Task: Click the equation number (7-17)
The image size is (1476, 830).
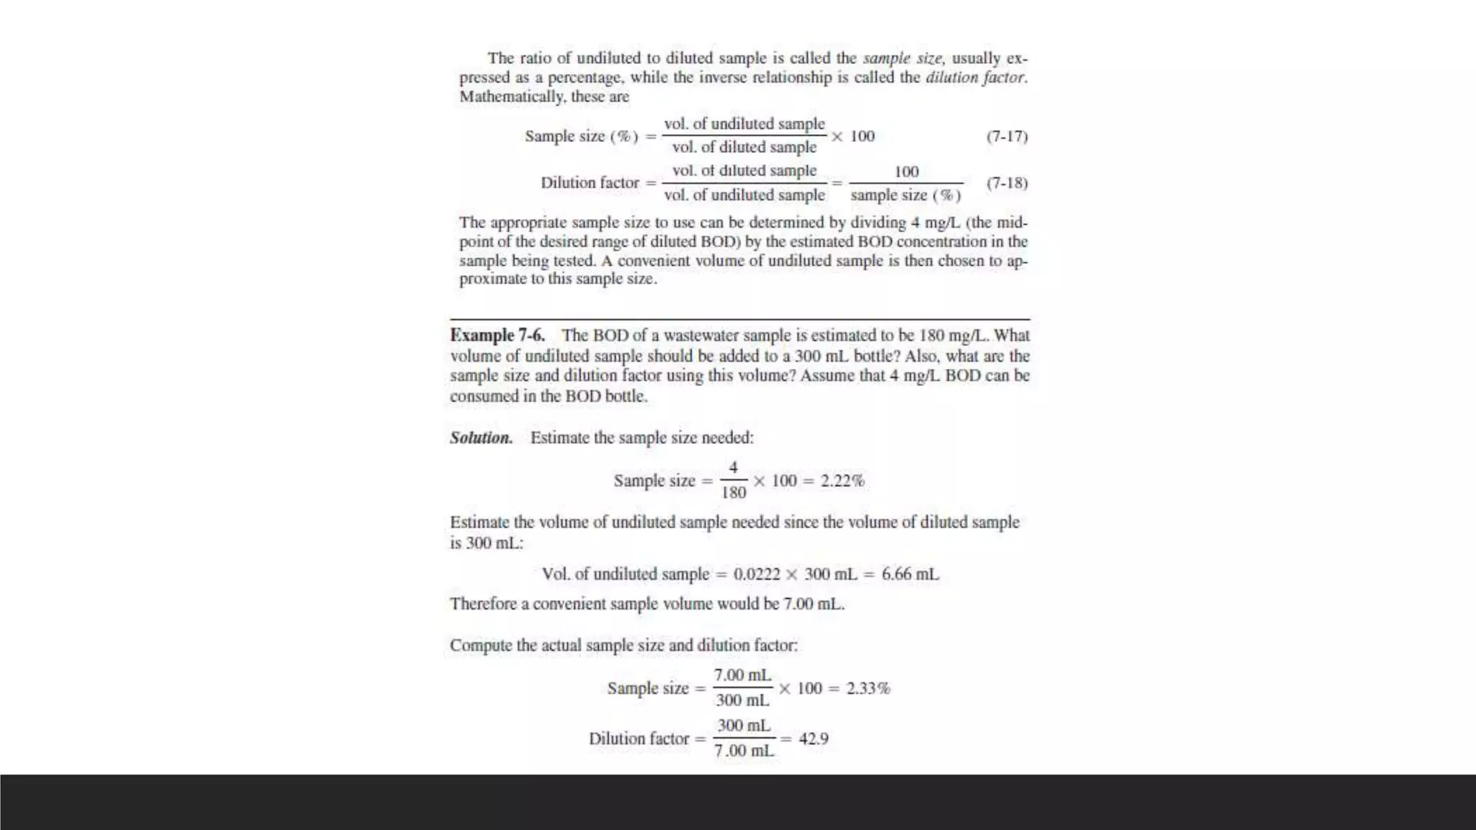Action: click(1007, 136)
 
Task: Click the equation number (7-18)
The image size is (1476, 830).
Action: click(1007, 183)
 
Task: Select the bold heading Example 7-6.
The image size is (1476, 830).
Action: click(497, 336)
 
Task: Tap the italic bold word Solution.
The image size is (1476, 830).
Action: click(481, 438)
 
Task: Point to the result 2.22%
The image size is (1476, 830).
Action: click(842, 481)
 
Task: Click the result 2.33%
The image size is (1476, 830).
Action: click(868, 689)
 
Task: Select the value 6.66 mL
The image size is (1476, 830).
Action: click(910, 575)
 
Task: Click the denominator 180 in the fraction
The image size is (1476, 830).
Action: click(733, 493)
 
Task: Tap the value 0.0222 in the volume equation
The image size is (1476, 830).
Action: click(757, 575)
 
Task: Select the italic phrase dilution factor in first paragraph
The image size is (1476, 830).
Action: click(975, 78)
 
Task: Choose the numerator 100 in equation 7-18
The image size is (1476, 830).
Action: click(906, 172)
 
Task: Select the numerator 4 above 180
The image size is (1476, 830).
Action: click(733, 468)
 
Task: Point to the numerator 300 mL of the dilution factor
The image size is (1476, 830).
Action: click(744, 726)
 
